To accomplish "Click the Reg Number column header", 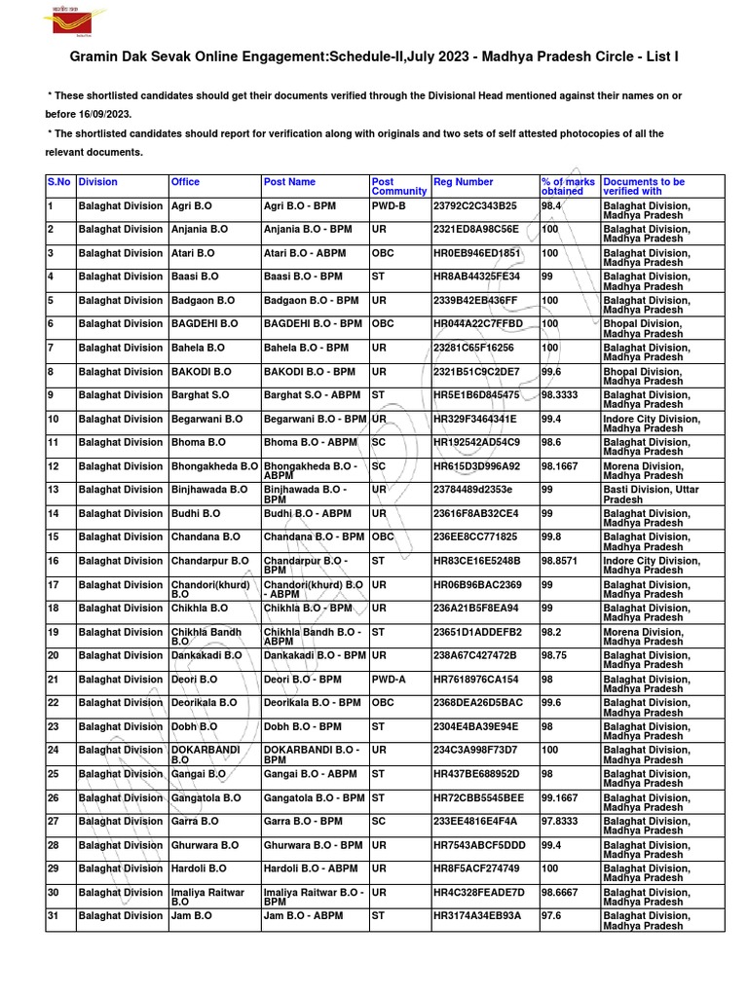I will coord(464,182).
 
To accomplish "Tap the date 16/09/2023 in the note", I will coord(103,114).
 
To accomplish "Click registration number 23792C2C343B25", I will coord(475,206).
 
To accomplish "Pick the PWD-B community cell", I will coord(390,206).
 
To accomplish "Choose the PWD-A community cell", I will coord(390,680).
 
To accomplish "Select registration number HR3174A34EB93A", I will coord(477,916).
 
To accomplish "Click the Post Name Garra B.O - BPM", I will coord(303,822).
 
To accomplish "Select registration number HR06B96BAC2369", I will coord(477,585).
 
